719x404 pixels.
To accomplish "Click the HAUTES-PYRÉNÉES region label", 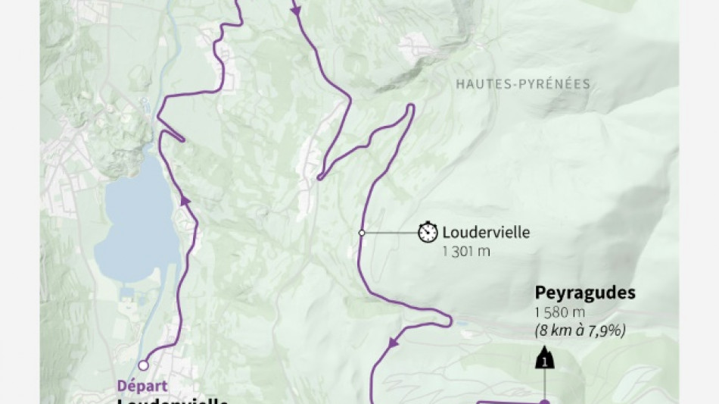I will point(522,84).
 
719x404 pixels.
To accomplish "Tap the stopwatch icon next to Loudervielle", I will point(428,232).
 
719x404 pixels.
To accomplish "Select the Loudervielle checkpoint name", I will point(486,233).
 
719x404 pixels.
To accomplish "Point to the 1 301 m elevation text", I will point(466,251).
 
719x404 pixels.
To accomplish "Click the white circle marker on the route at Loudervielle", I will point(362,233).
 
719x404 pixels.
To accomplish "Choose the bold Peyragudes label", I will point(584,293).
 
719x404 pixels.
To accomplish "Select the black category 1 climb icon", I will point(544,359).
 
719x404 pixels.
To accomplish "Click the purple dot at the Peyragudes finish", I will point(544,402).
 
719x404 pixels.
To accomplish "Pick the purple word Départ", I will point(142,385).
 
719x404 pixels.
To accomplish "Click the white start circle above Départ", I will point(143,365).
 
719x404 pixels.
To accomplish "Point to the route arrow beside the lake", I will point(183,200).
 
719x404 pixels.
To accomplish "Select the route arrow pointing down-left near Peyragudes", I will point(393,343).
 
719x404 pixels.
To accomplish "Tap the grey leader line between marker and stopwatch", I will point(390,233).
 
